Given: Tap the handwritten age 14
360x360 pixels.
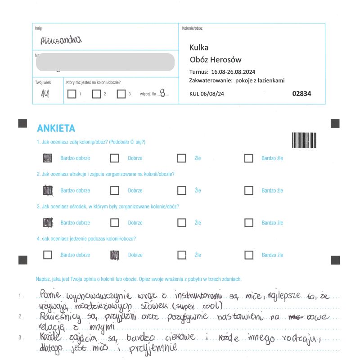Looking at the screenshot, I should (45, 94).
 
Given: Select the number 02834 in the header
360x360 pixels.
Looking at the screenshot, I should (301, 94).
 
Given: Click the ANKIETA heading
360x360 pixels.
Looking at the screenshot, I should (56, 129).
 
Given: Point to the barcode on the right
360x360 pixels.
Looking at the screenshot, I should (304, 140).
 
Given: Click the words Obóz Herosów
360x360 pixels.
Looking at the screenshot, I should (216, 59).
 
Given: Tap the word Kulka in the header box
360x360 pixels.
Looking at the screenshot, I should (199, 47).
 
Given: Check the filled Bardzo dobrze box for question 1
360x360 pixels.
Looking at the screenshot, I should (47, 158).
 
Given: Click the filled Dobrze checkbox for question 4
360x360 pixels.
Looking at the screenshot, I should (115, 255).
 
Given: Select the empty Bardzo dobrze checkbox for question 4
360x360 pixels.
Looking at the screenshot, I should (47, 255).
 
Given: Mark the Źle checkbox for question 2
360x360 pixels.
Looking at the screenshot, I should (181, 190).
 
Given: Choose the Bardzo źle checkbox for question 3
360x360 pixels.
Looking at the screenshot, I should (248, 223).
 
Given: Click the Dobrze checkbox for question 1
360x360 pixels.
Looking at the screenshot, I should (115, 158).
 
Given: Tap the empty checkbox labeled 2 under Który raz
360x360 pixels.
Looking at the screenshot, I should (96, 94).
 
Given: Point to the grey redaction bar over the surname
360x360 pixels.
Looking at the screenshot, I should (105, 62).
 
